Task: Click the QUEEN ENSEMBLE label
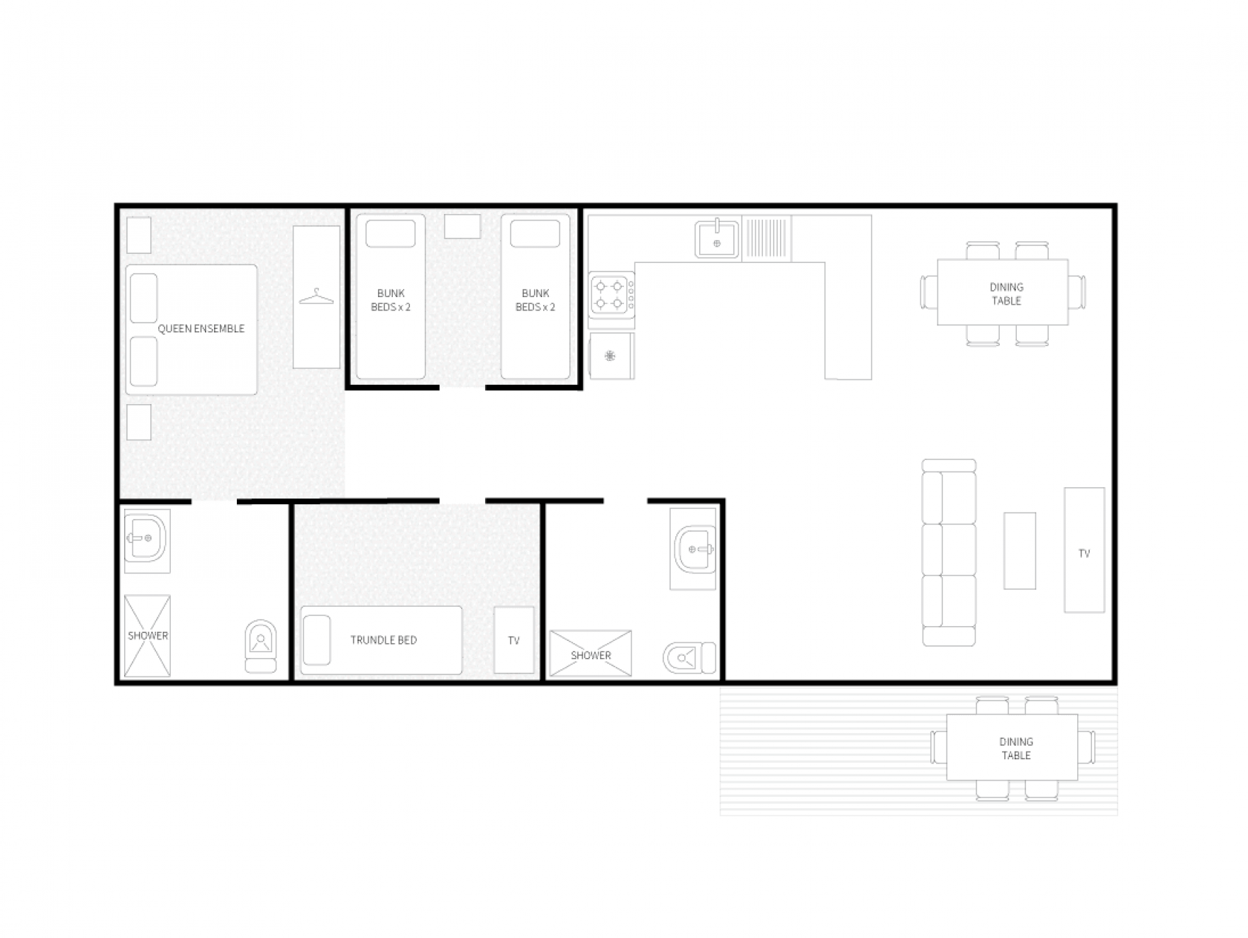pos(201,329)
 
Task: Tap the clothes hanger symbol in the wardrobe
pos(316,296)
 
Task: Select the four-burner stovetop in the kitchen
pos(611,295)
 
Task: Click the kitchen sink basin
pos(717,238)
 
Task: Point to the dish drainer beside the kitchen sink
pos(767,238)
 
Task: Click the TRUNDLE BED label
pos(384,640)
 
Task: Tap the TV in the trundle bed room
pos(514,640)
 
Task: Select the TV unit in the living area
pos(1084,550)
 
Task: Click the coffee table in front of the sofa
pos(1020,551)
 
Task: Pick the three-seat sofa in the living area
pos(949,552)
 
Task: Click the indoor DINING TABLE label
pos(1006,294)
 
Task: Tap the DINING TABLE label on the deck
pos(1016,748)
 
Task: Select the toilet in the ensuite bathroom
pos(260,647)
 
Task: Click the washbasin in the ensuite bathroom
pos(147,538)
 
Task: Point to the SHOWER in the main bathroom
pos(591,654)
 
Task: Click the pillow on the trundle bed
pos(316,640)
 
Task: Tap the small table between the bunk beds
pos(462,226)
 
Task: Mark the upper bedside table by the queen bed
pos(139,235)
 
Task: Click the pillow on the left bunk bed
pos(391,233)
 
